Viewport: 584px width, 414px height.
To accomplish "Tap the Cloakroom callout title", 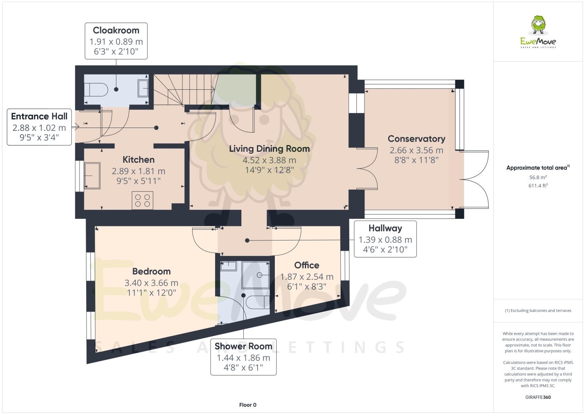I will click(116, 30).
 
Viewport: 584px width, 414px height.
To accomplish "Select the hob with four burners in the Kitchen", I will click(142, 200).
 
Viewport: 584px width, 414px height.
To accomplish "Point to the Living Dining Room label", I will click(269, 149).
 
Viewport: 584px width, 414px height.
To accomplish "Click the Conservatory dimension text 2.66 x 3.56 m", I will click(416, 150).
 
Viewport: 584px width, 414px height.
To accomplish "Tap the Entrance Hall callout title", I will click(39, 116).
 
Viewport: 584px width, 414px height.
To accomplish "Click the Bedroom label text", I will click(151, 272).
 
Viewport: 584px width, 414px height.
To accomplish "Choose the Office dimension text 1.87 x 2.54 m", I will click(306, 277).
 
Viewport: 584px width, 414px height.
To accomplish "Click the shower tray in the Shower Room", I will click(255, 275).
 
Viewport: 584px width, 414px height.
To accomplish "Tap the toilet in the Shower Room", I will click(257, 302).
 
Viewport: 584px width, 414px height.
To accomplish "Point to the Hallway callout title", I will click(385, 228).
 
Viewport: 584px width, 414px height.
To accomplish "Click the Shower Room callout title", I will click(243, 346).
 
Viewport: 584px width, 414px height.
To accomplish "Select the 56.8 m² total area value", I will click(538, 177).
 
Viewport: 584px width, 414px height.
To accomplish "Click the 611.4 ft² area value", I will click(538, 186).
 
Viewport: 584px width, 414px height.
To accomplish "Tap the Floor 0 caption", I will click(248, 405).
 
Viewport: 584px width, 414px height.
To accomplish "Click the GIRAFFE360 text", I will click(538, 397).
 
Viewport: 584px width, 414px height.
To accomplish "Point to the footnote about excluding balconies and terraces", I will click(538, 311).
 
